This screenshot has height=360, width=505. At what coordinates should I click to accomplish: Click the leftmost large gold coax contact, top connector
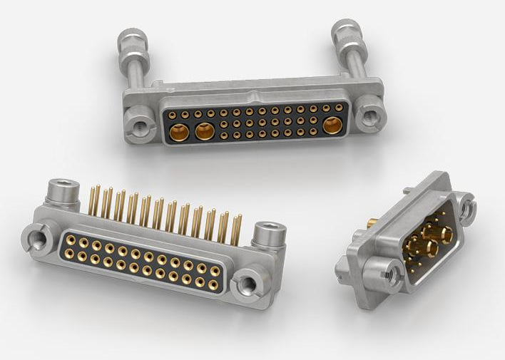(181, 132)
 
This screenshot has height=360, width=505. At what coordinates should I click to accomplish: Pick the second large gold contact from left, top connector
(205, 131)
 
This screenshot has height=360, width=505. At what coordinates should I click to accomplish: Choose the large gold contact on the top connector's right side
(332, 126)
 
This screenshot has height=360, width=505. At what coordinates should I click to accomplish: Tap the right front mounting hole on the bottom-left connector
(248, 285)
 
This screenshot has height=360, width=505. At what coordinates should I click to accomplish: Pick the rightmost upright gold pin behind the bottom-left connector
(237, 228)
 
